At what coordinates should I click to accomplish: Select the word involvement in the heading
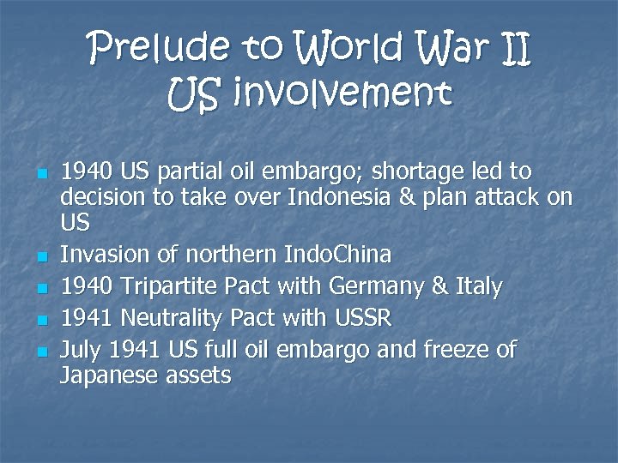click(x=338, y=93)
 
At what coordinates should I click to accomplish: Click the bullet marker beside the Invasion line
click(x=41, y=256)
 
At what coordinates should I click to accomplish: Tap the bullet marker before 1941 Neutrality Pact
click(x=41, y=319)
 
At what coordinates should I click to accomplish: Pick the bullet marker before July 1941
click(x=41, y=351)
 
